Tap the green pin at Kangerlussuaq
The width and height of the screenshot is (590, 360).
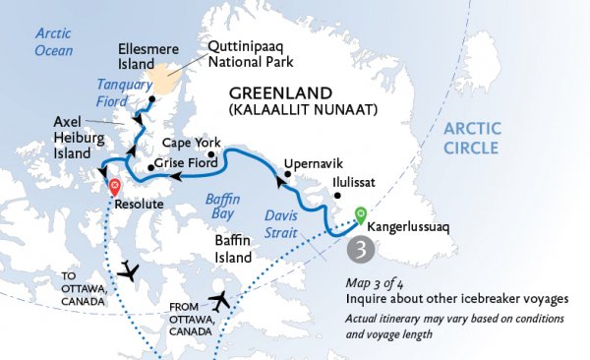click(360, 212)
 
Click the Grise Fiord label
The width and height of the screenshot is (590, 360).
click(183, 167)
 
